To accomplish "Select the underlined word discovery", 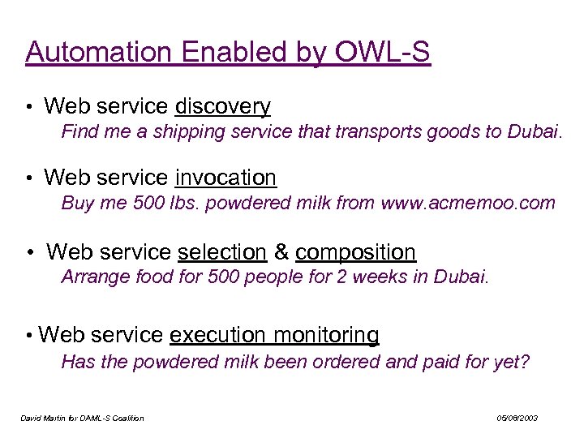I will [223, 106].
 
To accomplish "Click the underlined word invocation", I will [225, 178].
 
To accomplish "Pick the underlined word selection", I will [221, 252].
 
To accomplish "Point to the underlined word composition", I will [355, 252].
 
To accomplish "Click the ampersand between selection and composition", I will [281, 252].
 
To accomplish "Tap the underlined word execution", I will [217, 335].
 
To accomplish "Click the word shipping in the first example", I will [179, 131].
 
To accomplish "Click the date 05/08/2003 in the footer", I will [517, 419].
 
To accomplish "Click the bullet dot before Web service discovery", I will [28, 107].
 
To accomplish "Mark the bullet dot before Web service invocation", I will [28, 178].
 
